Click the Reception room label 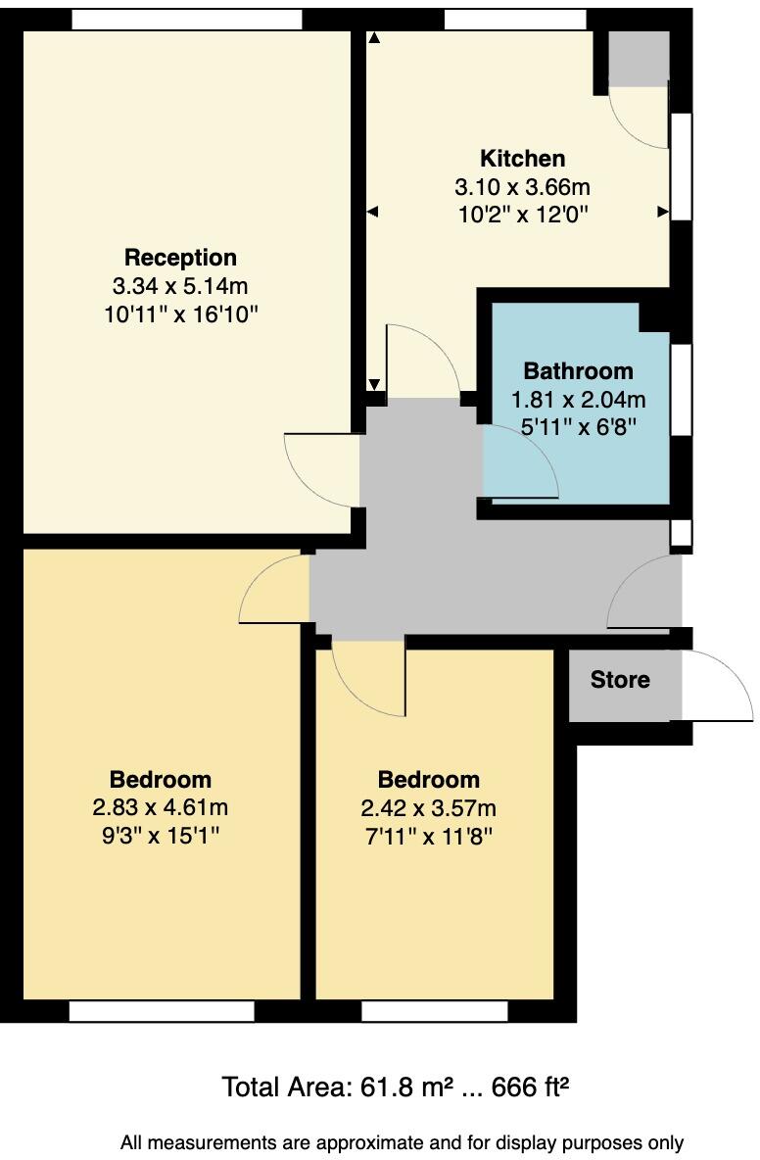coord(180,258)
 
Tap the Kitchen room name coord(522,159)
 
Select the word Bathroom coord(578,371)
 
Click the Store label coord(620,680)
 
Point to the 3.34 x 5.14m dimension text coord(180,286)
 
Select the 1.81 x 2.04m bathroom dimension coord(578,399)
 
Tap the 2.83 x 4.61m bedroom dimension coord(160,808)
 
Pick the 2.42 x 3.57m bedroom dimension coord(429,808)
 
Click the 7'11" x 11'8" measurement coord(429,836)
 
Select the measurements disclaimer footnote coord(402,1142)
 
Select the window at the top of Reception coord(186,19)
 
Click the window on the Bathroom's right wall coord(682,387)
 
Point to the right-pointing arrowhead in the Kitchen coord(663,212)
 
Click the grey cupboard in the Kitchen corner coord(638,59)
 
